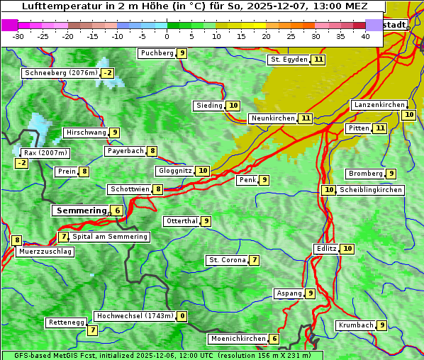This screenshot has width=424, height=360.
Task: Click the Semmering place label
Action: [80, 210]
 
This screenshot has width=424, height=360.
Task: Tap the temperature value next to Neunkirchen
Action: [306, 118]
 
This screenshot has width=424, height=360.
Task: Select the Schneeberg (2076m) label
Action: [60, 73]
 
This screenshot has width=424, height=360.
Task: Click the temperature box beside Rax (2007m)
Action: [22, 163]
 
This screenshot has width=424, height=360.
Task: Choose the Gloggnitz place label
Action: [174, 171]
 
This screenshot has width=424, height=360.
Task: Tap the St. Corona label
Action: [227, 260]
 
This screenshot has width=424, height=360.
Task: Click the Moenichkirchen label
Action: [238, 339]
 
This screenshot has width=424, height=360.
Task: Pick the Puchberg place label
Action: [157, 53]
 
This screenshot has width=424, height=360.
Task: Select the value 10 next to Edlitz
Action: [347, 249]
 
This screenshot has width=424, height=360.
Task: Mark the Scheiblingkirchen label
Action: [371, 190]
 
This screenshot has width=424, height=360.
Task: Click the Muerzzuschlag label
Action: [45, 252]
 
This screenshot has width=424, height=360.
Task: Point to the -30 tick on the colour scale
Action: [18, 36]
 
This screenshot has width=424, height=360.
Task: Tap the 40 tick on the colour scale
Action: [365, 36]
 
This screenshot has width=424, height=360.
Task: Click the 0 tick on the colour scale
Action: [167, 36]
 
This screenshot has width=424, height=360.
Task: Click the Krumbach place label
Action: [355, 325]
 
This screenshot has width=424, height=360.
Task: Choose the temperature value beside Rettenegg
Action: [92, 330]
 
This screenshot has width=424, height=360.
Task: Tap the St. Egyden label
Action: [289, 60]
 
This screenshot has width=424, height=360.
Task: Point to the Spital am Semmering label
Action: [110, 237]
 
